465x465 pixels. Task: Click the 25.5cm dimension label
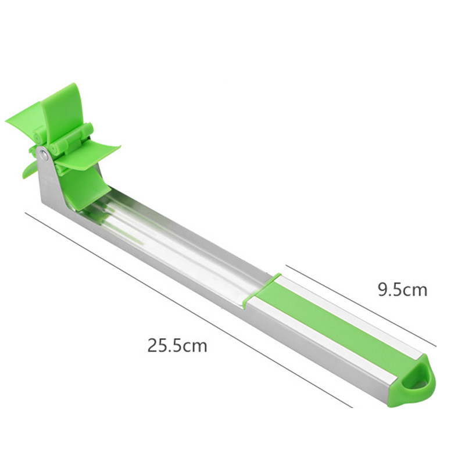177,346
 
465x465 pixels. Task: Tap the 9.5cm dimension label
402,289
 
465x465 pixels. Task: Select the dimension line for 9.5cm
360,306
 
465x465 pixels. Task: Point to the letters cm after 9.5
415,289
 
